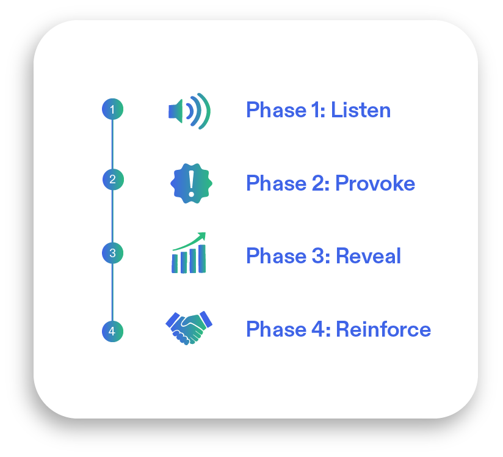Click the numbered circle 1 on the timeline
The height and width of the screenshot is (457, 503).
[x=112, y=109]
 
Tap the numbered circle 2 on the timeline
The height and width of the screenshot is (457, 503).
[x=113, y=180]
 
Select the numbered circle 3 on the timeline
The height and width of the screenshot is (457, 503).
[x=112, y=253]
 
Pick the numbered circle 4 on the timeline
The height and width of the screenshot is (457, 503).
[x=112, y=331]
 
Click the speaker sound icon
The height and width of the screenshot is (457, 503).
[x=189, y=111]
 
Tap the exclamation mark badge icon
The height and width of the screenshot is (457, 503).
[x=191, y=183]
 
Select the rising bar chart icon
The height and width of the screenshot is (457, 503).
[x=189, y=253]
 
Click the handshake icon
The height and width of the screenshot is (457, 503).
[x=189, y=328]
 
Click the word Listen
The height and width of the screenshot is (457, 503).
[x=361, y=110]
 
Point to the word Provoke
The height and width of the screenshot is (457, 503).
[x=375, y=183]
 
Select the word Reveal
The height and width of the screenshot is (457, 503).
[x=369, y=256]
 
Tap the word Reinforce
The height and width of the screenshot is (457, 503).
[x=383, y=329]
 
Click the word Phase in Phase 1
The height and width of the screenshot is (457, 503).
[x=276, y=110]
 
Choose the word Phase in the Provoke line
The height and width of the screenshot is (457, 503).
[x=276, y=183]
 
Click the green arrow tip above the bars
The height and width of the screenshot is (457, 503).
[x=204, y=233]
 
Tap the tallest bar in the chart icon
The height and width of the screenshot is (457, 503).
[x=202, y=259]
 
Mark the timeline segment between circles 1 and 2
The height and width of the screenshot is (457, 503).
[x=112, y=145]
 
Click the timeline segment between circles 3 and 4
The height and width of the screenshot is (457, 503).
[x=112, y=292]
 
